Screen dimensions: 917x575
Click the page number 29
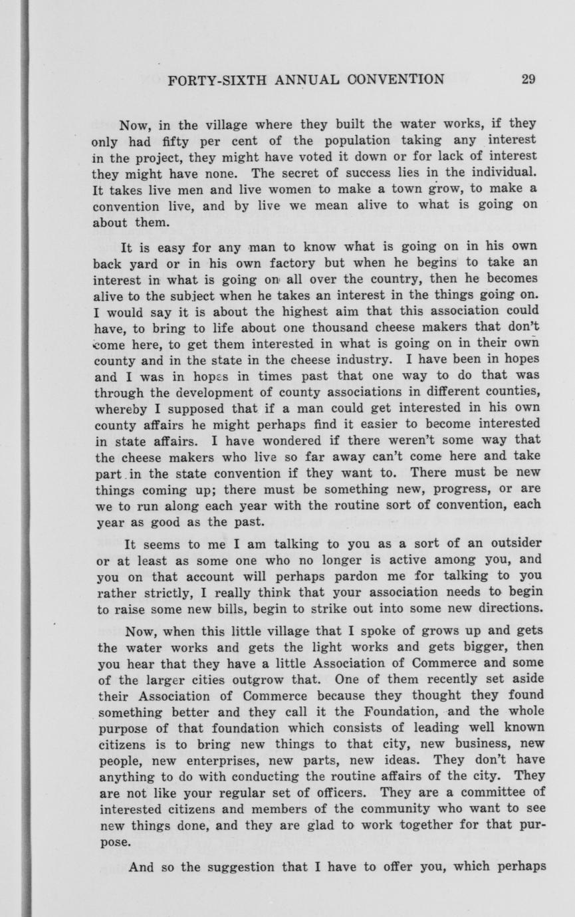[x=528, y=80]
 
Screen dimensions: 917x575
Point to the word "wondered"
[x=245, y=440]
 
